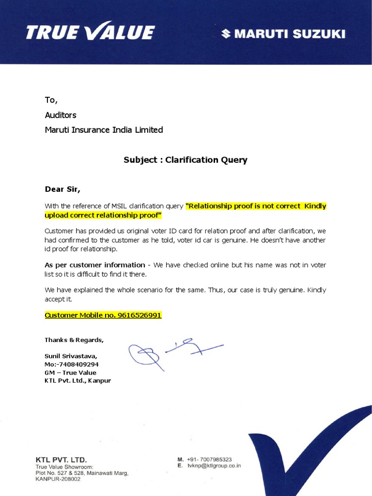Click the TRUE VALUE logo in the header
(x=90, y=32)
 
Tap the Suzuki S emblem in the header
(x=226, y=33)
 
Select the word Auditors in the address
(x=61, y=115)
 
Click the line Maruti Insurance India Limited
(x=104, y=130)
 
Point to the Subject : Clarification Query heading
(x=185, y=160)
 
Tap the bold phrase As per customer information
(x=95, y=265)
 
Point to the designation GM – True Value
(x=70, y=372)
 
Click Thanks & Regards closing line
(x=74, y=340)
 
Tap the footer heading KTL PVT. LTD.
(x=61, y=459)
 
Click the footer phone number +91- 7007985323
(x=209, y=459)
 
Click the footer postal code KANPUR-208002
(x=58, y=479)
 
